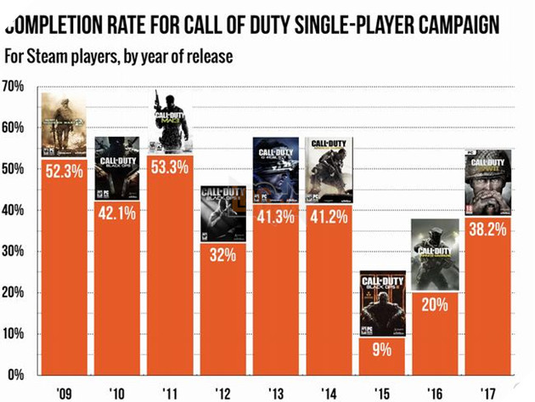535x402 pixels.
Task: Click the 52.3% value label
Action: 65,172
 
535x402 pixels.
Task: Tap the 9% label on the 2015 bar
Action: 382,348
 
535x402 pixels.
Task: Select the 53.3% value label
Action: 170,167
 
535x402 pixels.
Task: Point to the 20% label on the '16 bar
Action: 435,304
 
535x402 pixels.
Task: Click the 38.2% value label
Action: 487,229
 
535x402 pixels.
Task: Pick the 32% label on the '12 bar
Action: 223,255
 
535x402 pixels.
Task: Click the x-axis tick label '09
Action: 65,393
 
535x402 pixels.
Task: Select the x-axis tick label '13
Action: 276,393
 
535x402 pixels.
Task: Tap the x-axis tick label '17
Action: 487,393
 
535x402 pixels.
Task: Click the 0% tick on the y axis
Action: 16,375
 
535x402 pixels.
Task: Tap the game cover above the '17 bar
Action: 488,182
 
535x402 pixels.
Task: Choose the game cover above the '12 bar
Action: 223,213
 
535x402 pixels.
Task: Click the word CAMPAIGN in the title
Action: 454,24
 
